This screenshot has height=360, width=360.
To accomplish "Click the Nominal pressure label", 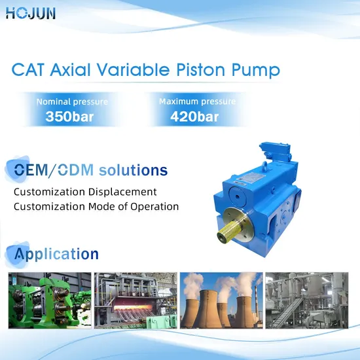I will (72, 102).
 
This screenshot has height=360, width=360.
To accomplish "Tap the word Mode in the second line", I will (99, 206).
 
